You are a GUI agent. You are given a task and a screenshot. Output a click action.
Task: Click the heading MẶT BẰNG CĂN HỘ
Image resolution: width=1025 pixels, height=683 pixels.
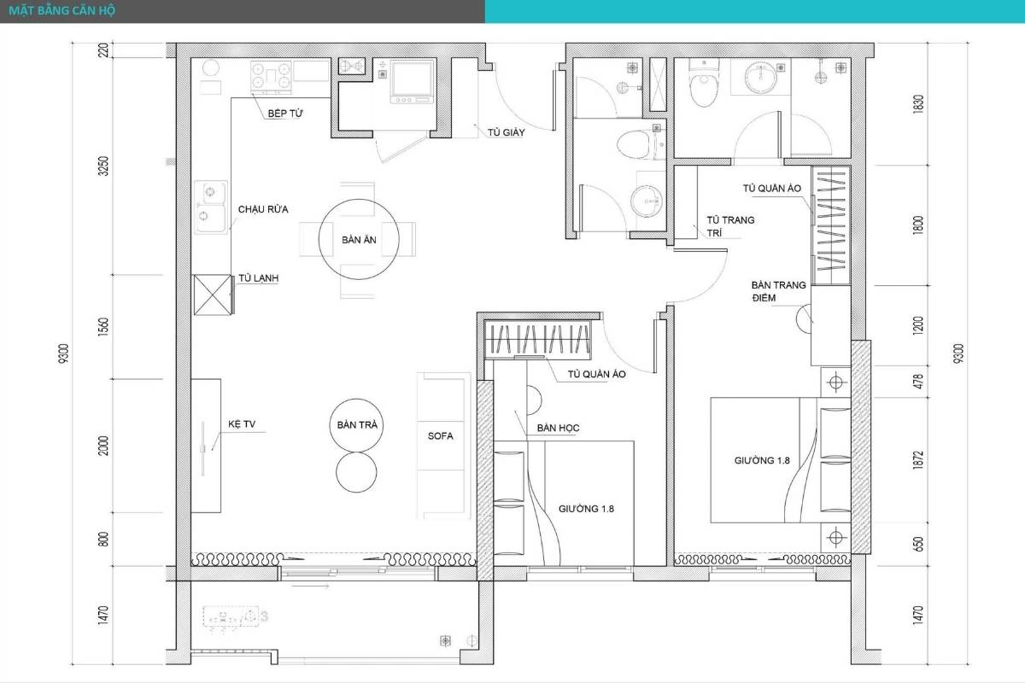[62, 10]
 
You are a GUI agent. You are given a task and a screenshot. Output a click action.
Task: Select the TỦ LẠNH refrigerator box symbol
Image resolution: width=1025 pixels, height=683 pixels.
[213, 295]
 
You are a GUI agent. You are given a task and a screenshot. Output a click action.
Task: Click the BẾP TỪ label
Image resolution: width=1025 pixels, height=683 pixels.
[285, 113]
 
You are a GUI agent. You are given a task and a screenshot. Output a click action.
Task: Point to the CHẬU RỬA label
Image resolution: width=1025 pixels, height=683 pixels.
[263, 209]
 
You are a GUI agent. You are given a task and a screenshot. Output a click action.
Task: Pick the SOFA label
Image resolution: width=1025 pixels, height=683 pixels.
[440, 436]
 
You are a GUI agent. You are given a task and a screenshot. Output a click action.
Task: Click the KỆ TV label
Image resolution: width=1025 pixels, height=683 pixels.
[242, 424]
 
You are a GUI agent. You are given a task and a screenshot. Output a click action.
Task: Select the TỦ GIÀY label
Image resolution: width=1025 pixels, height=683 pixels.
[506, 132]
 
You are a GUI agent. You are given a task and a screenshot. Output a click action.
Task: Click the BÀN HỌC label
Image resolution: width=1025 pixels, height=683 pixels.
[559, 428]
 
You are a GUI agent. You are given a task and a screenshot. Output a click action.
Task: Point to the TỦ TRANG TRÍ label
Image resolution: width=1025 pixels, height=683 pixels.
[730, 226]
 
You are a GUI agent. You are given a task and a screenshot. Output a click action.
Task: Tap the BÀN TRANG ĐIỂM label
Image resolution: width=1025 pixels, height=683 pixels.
[778, 291]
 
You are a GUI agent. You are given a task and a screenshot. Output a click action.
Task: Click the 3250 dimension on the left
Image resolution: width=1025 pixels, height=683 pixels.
[104, 166]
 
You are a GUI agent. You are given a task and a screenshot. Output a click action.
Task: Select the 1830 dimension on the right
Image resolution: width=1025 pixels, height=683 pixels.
[918, 104]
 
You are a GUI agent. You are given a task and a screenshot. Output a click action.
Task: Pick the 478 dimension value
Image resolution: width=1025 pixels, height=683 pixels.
[918, 382]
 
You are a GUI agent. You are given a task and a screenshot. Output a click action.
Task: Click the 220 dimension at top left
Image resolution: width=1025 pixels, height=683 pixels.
[104, 50]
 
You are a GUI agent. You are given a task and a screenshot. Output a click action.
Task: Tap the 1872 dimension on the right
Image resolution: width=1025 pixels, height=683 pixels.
[918, 460]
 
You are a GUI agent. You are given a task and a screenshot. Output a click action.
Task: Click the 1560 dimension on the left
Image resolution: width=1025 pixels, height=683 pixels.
[104, 327]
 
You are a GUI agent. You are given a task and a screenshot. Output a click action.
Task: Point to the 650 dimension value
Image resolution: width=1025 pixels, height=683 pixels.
[918, 544]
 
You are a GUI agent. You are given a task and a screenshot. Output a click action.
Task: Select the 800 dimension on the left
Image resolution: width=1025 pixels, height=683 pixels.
[104, 539]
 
